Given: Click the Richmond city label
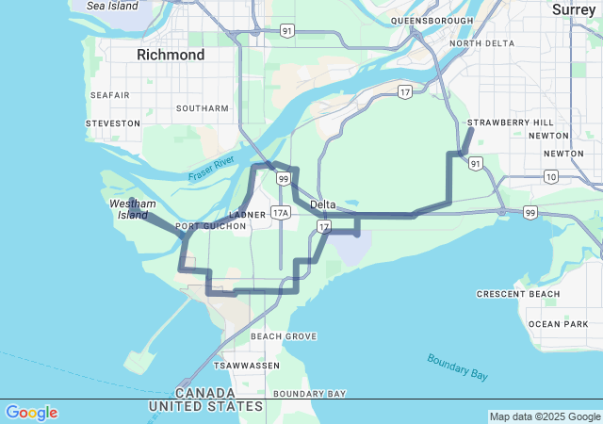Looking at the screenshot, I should point(171,55).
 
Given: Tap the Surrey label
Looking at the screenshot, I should point(574,9).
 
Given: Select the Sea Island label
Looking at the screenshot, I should point(111,6).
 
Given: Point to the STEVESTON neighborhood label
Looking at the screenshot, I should point(112,123).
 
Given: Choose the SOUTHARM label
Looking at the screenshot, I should point(202,108).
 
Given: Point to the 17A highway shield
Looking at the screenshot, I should point(281,213).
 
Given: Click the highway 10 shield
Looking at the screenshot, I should point(550,176).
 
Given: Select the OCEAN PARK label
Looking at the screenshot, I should point(558,324).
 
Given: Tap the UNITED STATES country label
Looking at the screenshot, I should point(205,406).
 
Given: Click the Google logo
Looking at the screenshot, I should point(31,413).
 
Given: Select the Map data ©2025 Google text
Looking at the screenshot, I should point(545,416).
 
